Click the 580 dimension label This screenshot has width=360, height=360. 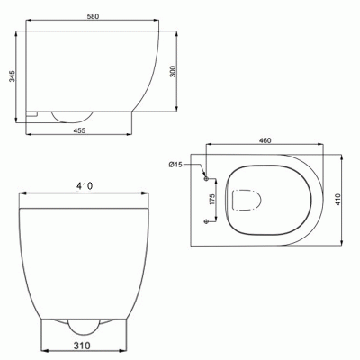tap(93, 16)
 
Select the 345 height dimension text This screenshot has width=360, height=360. tap(12, 76)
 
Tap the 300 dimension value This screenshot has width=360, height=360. tap(173, 71)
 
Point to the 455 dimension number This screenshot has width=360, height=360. tap(79, 130)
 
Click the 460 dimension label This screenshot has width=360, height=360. tap(265, 140)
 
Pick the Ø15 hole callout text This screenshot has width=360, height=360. tap(175, 165)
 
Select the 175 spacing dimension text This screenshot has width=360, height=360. tap(212, 200)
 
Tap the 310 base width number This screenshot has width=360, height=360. tap(82, 346)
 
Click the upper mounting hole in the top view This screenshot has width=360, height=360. tap(206, 179)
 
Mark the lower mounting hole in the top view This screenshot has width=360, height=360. tap(206, 221)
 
